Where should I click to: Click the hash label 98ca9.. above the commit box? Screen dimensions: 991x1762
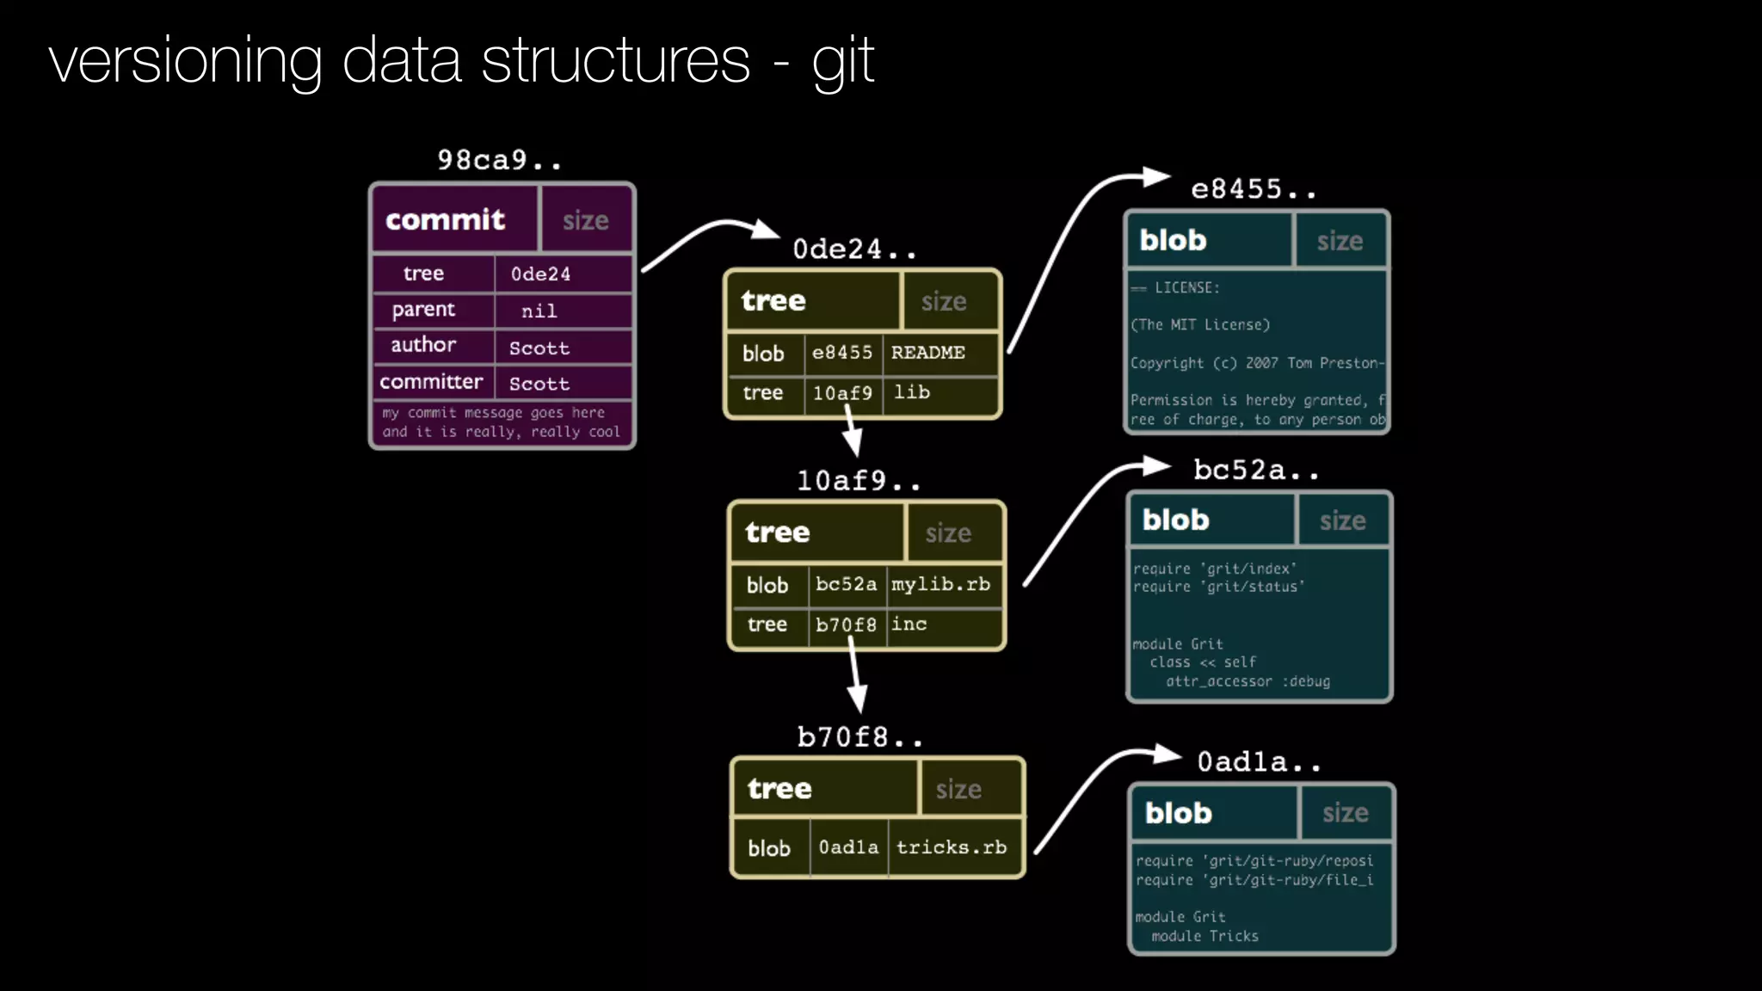(x=499, y=160)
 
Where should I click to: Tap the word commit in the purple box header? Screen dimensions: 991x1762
(x=445, y=220)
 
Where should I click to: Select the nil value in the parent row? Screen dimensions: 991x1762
(x=539, y=311)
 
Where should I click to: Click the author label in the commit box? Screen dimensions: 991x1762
(x=423, y=345)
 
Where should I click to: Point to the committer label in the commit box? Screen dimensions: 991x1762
(x=431, y=382)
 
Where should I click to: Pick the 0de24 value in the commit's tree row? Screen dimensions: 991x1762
(x=540, y=274)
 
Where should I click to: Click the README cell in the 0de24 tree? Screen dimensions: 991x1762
(x=927, y=353)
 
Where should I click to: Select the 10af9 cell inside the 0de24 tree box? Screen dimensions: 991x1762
(x=842, y=393)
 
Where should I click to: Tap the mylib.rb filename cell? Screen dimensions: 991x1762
(x=940, y=584)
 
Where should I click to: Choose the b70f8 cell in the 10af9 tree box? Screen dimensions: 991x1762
(x=846, y=625)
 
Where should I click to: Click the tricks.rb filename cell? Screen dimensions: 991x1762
(x=951, y=847)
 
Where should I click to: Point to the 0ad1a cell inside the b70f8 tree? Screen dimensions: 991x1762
(x=848, y=847)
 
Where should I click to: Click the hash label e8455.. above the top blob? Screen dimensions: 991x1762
(x=1253, y=189)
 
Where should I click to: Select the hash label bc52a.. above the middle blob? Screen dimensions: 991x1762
(x=1255, y=471)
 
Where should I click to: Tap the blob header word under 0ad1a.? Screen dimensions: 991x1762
(x=1178, y=813)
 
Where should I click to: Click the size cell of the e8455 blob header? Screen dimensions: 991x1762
(x=1340, y=242)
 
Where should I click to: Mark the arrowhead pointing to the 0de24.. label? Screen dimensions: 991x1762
(x=765, y=230)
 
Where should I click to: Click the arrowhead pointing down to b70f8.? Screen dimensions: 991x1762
(x=858, y=699)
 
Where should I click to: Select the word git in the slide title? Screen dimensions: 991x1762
(x=843, y=62)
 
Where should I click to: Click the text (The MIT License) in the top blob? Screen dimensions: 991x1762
(x=1200, y=325)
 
